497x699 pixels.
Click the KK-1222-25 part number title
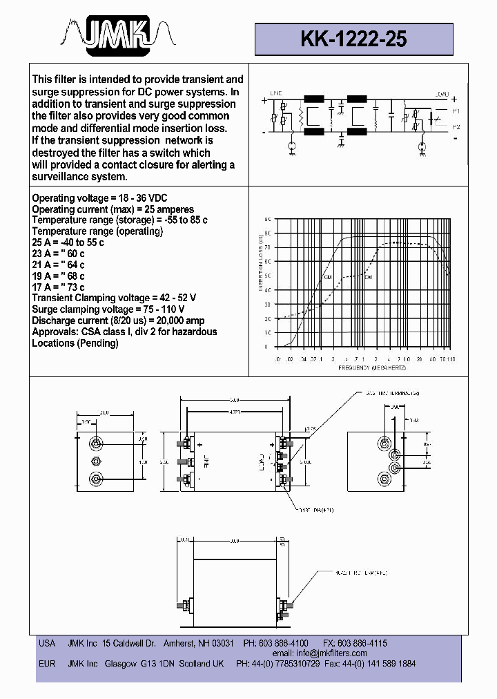tap(353, 39)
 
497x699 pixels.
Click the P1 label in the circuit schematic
tap(456, 112)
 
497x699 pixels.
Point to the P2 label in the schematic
tap(456, 127)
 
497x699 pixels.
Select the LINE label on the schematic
tap(277, 93)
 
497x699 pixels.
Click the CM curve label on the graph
tap(328, 278)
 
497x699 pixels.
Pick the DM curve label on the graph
tap(368, 277)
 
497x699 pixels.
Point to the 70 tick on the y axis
tap(268, 247)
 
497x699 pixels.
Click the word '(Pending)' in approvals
tap(96, 343)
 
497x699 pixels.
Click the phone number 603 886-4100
tap(284, 643)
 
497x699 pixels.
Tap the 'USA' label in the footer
tap(46, 643)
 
